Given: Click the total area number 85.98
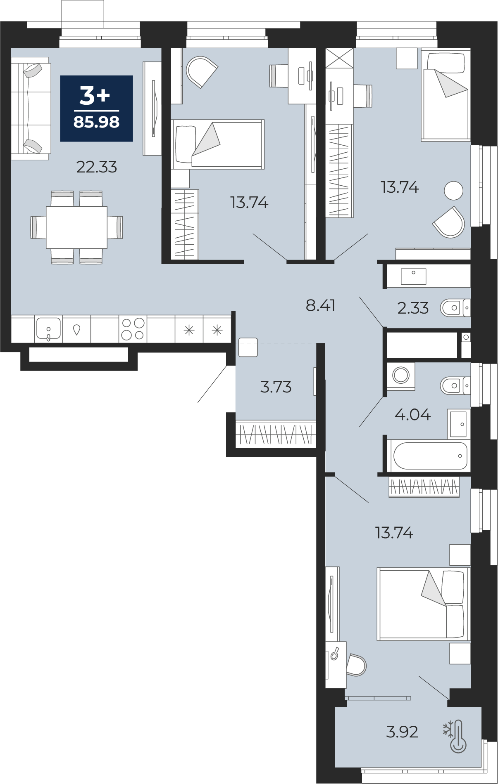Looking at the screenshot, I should tap(96, 122).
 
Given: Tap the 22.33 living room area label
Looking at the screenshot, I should tap(97, 167).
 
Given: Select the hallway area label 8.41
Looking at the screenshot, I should tap(320, 306).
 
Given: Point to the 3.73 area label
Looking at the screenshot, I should tap(276, 387).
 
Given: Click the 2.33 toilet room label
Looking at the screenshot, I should tap(413, 308).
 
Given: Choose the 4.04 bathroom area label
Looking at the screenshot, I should tap(412, 414).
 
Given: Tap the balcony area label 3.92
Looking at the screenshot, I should tap(402, 732).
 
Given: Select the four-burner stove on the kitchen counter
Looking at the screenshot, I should tap(133, 329).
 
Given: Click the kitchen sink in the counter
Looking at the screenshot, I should tap(48, 329).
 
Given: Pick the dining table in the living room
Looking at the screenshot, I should tap(76, 227).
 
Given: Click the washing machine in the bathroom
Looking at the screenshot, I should tap(401, 375).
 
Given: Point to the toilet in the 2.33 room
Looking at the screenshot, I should tap(455, 308).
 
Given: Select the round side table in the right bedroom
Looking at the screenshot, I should tap(453, 191).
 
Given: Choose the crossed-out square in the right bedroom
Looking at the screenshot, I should tap(339, 58).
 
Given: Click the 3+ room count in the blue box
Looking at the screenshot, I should tap(95, 95).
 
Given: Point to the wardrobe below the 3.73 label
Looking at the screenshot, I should tap(276, 434).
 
